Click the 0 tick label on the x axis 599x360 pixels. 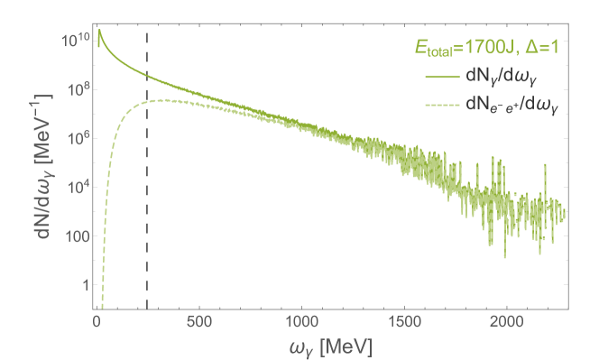(96, 320)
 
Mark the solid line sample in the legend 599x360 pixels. (439, 79)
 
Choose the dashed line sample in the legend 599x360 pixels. (439, 106)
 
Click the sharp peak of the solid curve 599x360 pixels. (99, 32)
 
